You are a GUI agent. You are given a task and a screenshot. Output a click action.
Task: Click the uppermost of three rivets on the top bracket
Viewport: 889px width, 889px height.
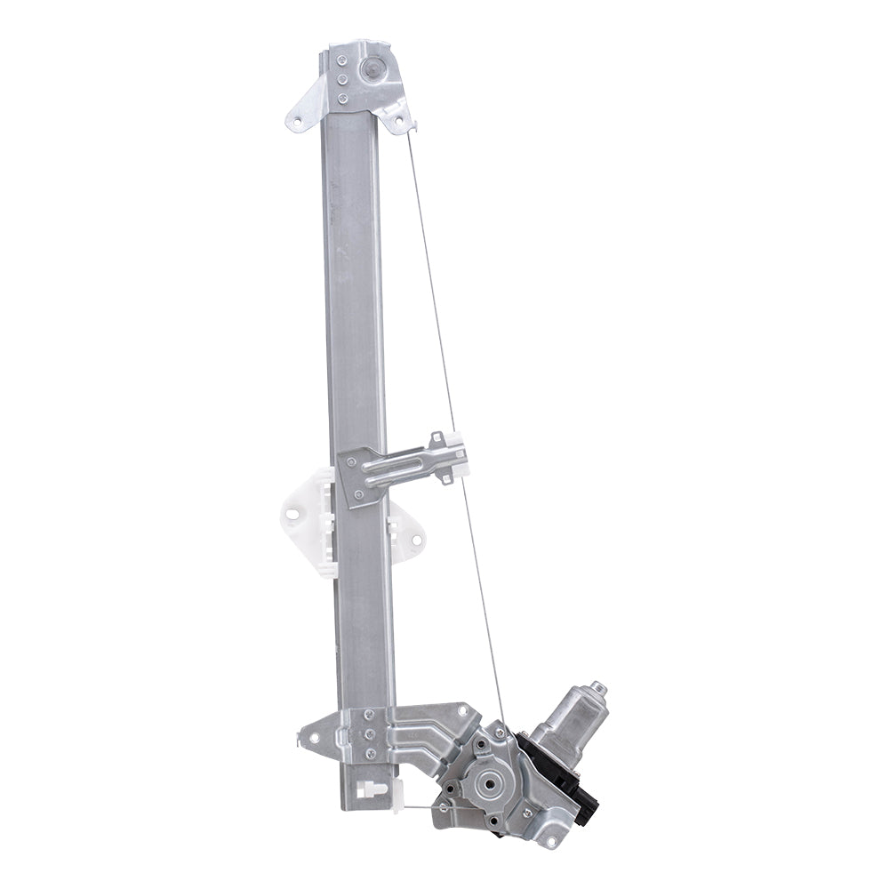point(340,61)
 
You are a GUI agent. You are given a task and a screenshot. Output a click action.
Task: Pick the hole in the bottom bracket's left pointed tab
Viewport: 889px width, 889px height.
point(311,734)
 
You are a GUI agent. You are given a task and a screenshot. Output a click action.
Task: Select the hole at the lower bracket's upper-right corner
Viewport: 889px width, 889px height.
point(461,710)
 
